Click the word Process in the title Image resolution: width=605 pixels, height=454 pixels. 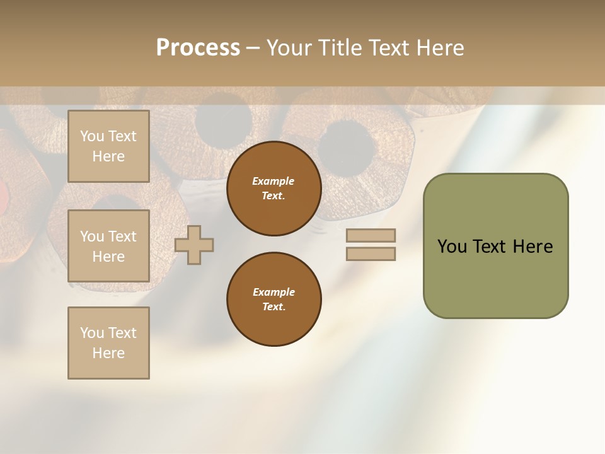pos(198,48)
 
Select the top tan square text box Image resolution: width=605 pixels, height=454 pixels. pos(108,146)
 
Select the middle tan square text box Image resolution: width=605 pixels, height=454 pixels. pos(108,246)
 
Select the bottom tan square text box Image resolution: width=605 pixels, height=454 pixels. pos(108,343)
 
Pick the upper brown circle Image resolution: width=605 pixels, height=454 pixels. pos(274,189)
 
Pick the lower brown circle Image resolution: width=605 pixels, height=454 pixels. pos(274,300)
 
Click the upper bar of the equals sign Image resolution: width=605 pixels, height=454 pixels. pos(371,235)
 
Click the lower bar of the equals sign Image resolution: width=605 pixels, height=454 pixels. pos(371,254)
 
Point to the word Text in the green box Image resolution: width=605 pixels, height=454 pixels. pos(490,247)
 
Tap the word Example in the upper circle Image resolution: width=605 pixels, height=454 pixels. pos(273,181)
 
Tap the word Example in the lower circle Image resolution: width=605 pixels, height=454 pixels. pos(273,292)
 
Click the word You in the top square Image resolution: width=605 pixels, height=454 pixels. pos(92,136)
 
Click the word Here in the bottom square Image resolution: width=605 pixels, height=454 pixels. pos(108,353)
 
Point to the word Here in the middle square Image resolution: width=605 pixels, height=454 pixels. pos(108,257)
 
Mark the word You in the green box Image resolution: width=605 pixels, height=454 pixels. pos(452,247)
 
